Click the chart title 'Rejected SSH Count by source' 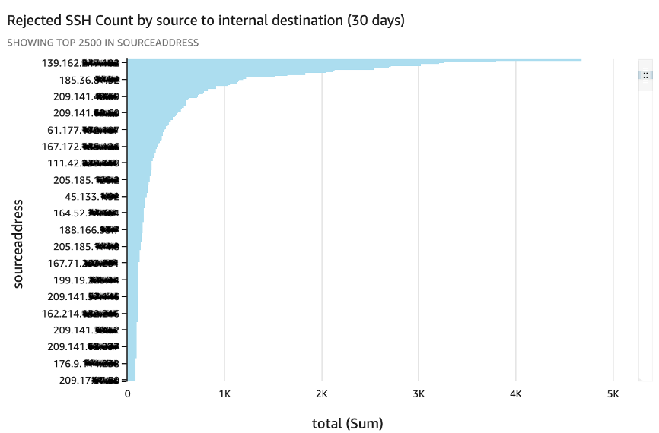(205, 21)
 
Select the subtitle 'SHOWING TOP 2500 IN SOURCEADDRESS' (103, 43)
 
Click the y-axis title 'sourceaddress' (19, 244)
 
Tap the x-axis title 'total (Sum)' (347, 422)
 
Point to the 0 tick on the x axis (127, 395)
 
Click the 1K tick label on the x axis (224, 395)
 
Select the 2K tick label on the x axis (321, 395)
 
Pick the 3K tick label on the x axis (419, 395)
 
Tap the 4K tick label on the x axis (516, 395)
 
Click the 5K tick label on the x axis (613, 395)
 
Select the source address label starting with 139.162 (80, 63)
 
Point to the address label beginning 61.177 (83, 130)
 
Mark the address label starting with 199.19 (84, 280)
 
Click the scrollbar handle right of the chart (645, 75)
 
